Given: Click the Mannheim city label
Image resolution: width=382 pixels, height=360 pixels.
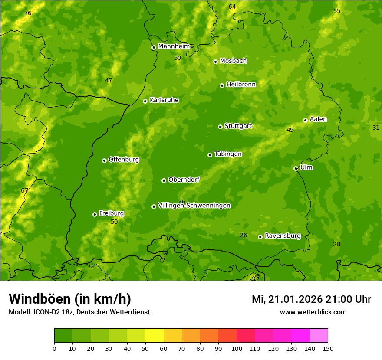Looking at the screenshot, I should (174, 46).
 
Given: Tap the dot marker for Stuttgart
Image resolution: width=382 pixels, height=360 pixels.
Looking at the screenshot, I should (220, 127).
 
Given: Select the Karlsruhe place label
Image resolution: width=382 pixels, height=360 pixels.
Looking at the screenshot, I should (164, 100).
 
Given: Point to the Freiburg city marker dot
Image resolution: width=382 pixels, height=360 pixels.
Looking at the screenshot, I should (95, 214).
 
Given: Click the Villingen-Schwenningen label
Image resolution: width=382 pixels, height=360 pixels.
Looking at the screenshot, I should (194, 206).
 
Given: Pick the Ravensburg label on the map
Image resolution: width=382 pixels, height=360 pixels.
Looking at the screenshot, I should (282, 236).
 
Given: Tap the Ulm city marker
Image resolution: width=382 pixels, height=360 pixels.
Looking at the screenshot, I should (296, 168).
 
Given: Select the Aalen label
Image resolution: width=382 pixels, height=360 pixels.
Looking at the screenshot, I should (318, 119).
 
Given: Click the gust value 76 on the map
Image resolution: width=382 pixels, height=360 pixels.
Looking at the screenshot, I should (28, 13).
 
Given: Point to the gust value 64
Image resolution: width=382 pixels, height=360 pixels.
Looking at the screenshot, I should (232, 7).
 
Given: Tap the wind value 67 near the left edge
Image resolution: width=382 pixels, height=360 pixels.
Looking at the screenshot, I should (24, 190).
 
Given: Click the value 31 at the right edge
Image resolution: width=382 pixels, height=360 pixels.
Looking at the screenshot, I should (376, 128).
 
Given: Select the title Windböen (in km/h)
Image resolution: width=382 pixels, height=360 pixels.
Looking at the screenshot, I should (70, 299).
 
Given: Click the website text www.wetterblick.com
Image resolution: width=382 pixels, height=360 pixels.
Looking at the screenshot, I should (313, 312).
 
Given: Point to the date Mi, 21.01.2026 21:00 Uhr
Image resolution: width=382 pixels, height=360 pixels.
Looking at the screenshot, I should (311, 299).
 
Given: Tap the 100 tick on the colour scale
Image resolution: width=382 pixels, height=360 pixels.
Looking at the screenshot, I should (237, 348).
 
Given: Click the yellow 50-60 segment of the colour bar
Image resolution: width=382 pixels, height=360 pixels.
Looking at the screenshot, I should (155, 336).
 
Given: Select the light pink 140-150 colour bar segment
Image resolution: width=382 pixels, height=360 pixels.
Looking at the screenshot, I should (319, 336).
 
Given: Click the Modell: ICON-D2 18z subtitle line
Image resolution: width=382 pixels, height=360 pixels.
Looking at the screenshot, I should (79, 312).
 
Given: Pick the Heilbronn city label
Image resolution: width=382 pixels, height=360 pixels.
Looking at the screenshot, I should (241, 85).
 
